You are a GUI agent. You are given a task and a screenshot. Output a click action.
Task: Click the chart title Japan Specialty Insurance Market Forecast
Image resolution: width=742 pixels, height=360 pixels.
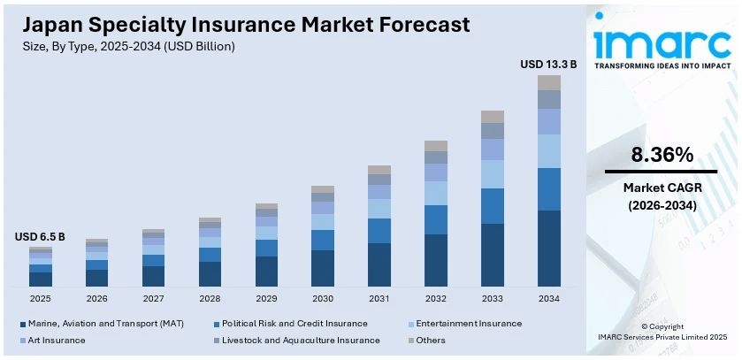pos(236,23)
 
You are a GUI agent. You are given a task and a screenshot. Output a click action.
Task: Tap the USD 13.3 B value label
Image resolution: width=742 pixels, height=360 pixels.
pos(548,64)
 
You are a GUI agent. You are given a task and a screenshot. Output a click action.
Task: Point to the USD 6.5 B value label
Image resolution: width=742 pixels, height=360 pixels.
pos(40,238)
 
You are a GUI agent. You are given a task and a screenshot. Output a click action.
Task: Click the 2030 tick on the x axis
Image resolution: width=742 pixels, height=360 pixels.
pos(323,299)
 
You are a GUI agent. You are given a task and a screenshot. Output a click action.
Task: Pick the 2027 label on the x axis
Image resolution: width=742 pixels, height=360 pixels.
pos(153,299)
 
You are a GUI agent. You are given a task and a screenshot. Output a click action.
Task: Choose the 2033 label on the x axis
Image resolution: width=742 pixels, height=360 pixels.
pos(493,299)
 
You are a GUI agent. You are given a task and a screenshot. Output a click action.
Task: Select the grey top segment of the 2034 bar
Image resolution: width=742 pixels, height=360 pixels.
pos(549,82)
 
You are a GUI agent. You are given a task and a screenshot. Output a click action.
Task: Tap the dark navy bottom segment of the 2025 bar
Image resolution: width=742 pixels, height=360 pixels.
pos(40,279)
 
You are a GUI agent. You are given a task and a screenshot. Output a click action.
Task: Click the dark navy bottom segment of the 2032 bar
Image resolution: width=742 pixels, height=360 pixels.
pos(436,260)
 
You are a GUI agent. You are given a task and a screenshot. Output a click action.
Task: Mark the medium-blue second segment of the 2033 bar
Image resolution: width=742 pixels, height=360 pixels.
pos(493,205)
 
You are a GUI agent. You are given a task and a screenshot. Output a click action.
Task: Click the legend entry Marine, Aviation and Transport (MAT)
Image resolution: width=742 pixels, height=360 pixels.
pos(105,324)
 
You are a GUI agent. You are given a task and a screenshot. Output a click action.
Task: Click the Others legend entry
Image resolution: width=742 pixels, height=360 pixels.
pos(430,340)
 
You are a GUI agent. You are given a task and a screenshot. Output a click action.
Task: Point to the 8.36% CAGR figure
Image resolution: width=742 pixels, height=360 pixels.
pos(662,155)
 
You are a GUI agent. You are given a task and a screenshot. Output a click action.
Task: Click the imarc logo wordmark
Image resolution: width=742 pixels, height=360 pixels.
pos(661,41)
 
